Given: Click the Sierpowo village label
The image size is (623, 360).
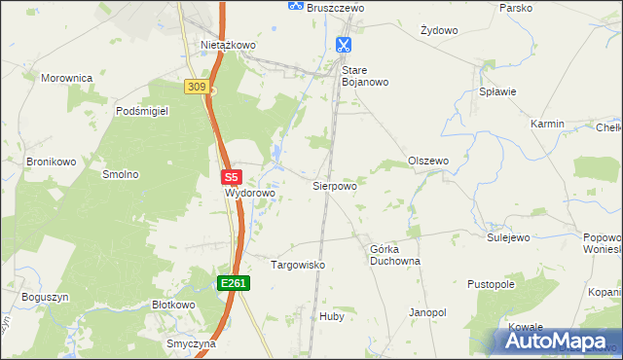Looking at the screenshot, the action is click(334, 185).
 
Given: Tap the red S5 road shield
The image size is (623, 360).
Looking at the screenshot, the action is click(231, 178).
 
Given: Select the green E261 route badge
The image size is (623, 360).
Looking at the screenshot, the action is click(234, 283).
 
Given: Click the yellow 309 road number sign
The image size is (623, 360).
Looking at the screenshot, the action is click(196, 88).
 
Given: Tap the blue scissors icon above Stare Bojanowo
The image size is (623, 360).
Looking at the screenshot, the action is click(344, 45).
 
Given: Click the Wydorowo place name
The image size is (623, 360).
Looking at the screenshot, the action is click(251, 193).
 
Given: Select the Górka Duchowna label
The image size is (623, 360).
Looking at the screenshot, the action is click(394, 255).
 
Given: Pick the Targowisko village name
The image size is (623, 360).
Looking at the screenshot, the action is click(297, 265).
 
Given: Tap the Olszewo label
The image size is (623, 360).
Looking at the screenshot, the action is click(428, 161).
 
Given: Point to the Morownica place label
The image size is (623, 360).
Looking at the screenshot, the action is click(66, 77).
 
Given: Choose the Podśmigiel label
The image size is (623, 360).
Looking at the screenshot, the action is click(142, 111).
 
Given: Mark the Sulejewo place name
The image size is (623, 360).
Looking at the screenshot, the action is click(507, 236).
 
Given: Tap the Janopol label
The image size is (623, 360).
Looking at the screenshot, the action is click(427, 312).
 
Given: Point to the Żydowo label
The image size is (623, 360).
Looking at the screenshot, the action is click(439, 30).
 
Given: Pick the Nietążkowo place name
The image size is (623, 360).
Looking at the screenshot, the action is click(228, 45).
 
